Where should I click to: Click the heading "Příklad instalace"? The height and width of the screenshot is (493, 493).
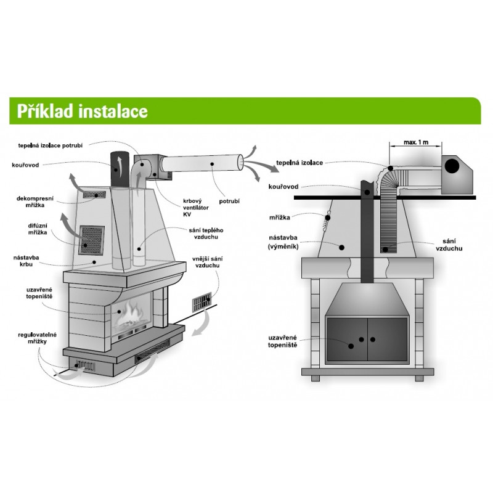[x=83, y=112]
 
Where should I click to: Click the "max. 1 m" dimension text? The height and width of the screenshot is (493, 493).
[x=416, y=142]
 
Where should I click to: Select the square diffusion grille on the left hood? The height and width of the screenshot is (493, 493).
[x=92, y=240]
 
